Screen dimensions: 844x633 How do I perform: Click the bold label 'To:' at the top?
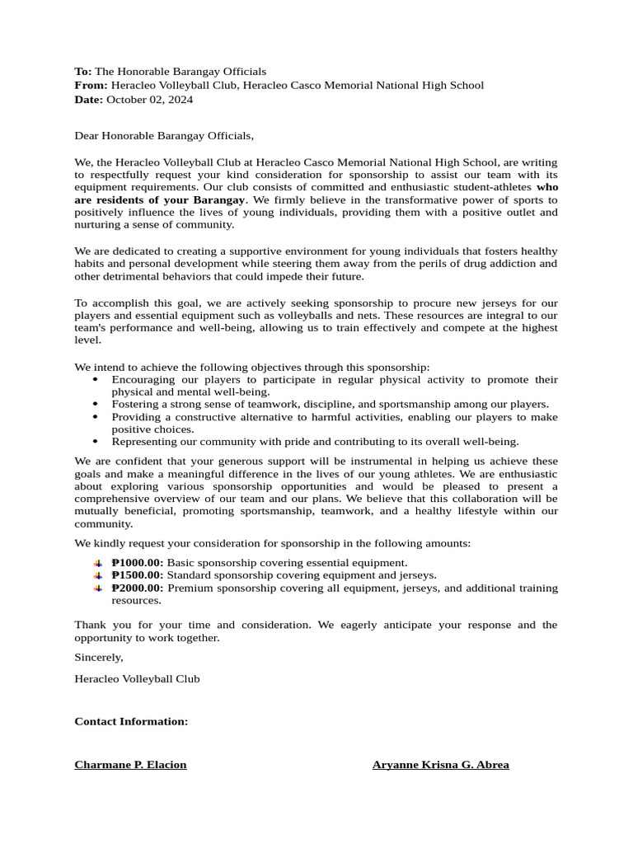[x=83, y=72]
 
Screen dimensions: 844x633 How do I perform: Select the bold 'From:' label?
[x=91, y=85]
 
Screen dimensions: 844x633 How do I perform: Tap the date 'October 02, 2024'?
[x=150, y=99]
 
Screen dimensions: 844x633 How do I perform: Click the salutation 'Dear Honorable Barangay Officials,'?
[x=164, y=135]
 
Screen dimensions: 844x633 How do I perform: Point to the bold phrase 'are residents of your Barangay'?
[x=160, y=199]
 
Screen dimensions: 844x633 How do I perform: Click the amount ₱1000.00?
[x=137, y=562]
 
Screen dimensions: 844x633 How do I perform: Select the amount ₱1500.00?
[x=137, y=574]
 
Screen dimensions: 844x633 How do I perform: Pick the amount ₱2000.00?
[x=137, y=588]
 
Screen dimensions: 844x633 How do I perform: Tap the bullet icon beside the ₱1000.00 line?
[x=97, y=562]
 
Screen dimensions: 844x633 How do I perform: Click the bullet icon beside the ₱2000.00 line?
[x=97, y=588]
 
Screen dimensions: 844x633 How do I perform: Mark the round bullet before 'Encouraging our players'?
[x=96, y=380]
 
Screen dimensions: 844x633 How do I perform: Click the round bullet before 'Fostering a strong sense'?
[x=96, y=405]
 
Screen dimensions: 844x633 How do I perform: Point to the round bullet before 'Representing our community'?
[x=96, y=442]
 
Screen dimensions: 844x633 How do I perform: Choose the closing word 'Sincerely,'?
[x=99, y=657]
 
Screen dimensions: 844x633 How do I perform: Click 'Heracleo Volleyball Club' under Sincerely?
[x=137, y=678]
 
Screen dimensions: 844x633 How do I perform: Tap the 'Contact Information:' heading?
[x=131, y=721]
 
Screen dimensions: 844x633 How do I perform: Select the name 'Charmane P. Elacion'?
[x=130, y=764]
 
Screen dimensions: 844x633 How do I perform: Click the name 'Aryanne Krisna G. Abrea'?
[x=440, y=764]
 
